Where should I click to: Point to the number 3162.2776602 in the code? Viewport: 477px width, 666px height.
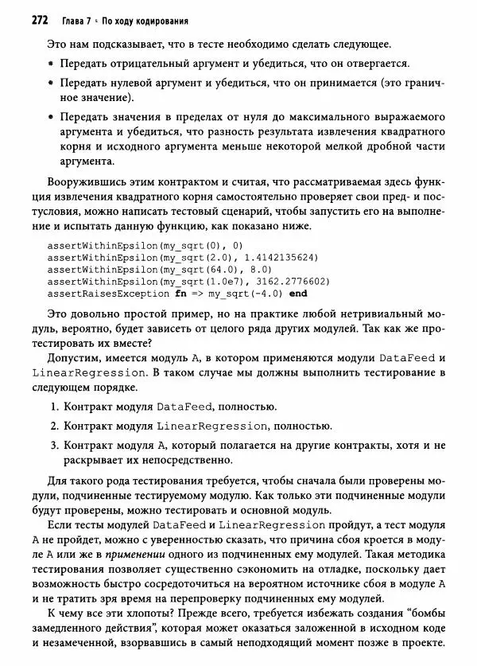(x=295, y=281)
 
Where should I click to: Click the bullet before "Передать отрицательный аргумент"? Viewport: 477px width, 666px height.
(x=50, y=63)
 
